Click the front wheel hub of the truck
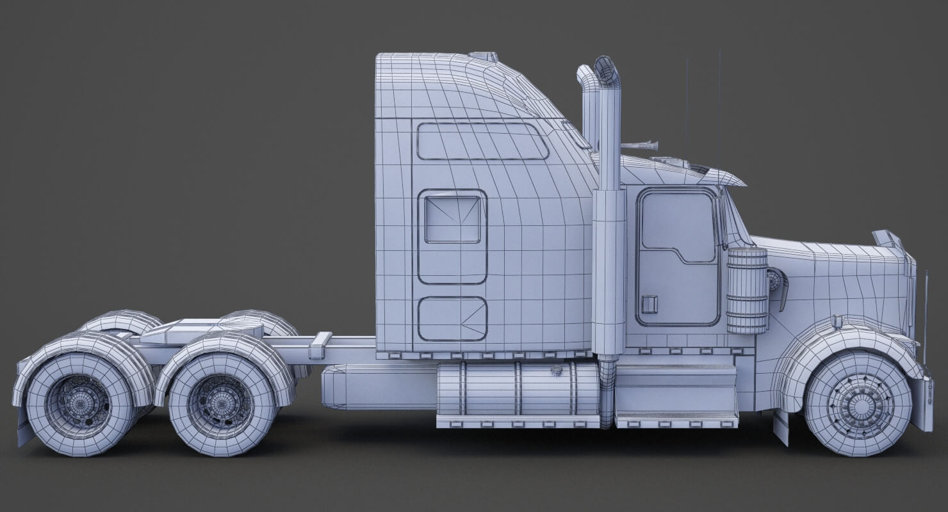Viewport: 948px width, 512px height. (x=858, y=404)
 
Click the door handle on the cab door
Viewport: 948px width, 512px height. (x=650, y=304)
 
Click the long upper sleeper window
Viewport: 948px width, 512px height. (x=482, y=141)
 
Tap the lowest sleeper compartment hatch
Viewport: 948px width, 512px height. (x=452, y=319)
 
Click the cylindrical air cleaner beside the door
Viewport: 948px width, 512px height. (x=747, y=291)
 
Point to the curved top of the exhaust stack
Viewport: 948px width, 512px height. (x=607, y=71)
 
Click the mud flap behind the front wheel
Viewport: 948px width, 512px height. (x=781, y=427)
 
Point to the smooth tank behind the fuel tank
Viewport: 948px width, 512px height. (x=378, y=387)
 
